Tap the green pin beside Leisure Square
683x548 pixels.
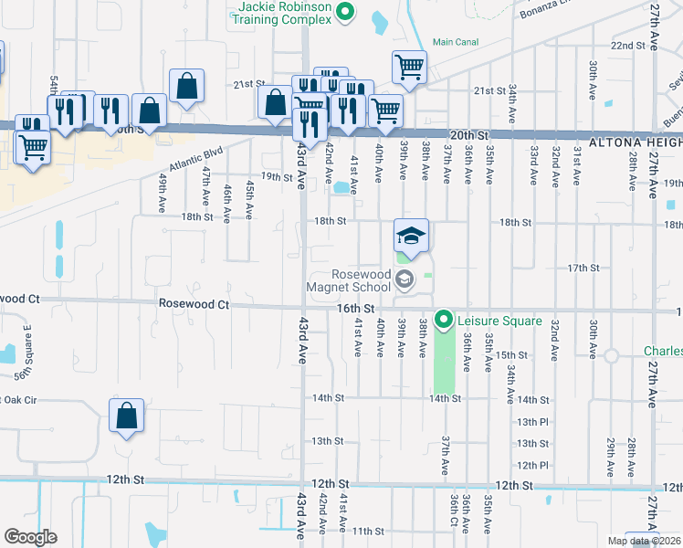pos(444,320)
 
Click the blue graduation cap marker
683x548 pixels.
pos(411,237)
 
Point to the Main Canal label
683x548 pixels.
pos(455,42)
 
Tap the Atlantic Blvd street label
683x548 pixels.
pos(195,162)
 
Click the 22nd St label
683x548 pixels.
pos(627,45)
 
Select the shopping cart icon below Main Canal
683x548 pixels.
pos(409,66)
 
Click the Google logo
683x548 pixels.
pos(30,536)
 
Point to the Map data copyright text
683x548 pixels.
pos(644,541)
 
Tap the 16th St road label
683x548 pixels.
pos(357,310)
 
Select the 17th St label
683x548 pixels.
pos(582,268)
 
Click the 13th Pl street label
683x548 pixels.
pos(531,422)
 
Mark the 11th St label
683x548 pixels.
pos(368,531)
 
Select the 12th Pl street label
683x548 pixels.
pos(531,466)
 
